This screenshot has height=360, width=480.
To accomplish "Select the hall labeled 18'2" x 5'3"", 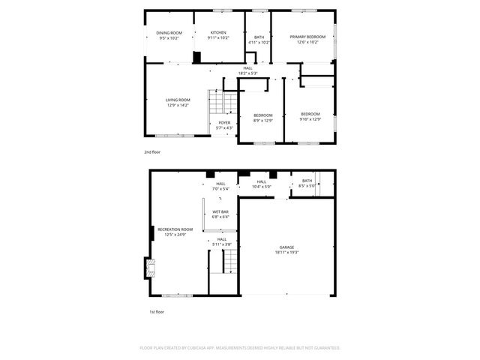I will [247, 70].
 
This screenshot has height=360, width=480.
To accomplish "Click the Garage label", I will [286, 250].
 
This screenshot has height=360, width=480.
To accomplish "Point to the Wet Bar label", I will [220, 214].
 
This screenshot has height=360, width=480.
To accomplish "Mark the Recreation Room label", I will [175, 231].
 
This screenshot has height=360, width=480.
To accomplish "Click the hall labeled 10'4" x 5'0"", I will [261, 184].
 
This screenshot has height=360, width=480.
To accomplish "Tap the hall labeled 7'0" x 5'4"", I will [220, 186].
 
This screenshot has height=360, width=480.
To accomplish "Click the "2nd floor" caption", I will [152, 151].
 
